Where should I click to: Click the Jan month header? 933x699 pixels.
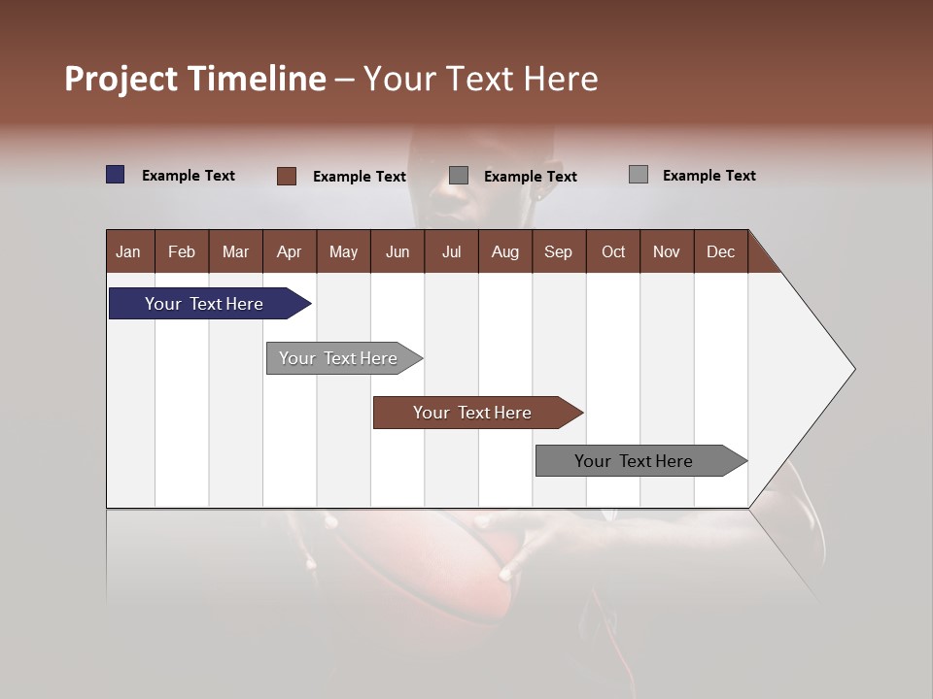pyautogui.click(x=128, y=251)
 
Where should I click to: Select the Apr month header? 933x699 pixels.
pyautogui.click(x=289, y=251)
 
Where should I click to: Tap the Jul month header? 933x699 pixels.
pyautogui.click(x=451, y=251)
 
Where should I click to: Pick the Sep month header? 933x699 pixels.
pyautogui.click(x=558, y=251)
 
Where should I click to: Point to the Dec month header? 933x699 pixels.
pyautogui.click(x=720, y=251)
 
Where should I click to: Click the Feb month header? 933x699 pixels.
pyautogui.click(x=182, y=251)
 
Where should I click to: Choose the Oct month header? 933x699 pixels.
pyautogui.click(x=613, y=251)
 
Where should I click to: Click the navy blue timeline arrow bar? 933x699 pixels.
pyautogui.click(x=204, y=304)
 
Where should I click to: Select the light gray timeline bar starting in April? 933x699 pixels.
pyautogui.click(x=338, y=358)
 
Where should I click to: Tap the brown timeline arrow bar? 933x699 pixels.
pyautogui.click(x=472, y=413)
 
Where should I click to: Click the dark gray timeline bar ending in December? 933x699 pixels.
pyautogui.click(x=634, y=461)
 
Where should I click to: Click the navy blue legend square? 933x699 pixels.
pyautogui.click(x=116, y=175)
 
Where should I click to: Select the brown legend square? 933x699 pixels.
pyautogui.click(x=287, y=176)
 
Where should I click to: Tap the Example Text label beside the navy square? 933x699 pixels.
pyautogui.click(x=189, y=176)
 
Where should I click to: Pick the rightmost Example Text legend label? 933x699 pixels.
pyautogui.click(x=708, y=176)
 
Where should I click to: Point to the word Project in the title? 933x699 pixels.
pyautogui.click(x=122, y=79)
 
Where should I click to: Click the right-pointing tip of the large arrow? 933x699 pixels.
pyautogui.click(x=851, y=369)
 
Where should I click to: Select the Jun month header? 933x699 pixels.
pyautogui.click(x=397, y=251)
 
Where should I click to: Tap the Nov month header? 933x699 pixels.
pyautogui.click(x=667, y=251)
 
